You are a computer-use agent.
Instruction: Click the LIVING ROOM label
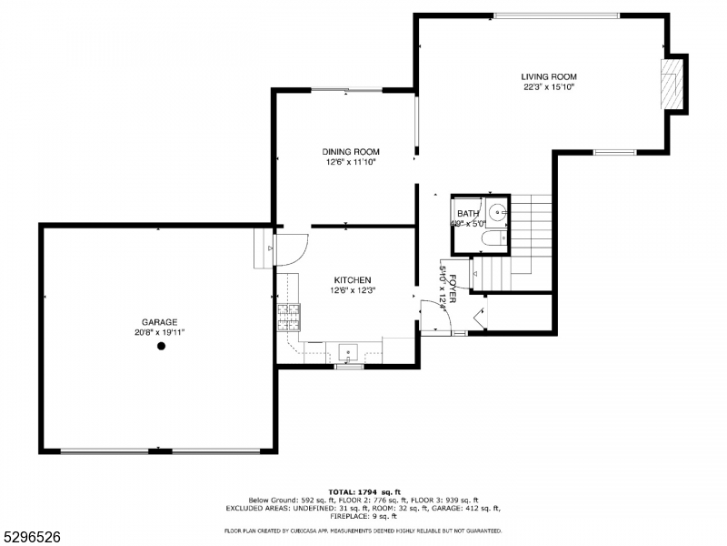(548, 76)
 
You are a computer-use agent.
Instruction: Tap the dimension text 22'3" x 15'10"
(548, 87)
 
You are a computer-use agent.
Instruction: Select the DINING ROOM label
(351, 152)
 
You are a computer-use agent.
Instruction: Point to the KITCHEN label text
(352, 280)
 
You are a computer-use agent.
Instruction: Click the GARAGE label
(159, 321)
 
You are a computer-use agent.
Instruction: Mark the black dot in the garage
(161, 346)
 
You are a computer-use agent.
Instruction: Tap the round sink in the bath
(495, 214)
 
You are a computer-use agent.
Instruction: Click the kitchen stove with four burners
(288, 318)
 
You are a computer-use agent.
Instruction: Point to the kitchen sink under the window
(349, 351)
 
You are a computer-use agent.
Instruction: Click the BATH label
(468, 213)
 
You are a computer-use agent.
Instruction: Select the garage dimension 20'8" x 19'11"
(159, 332)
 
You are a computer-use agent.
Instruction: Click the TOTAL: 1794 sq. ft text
(363, 491)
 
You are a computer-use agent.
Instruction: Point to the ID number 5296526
(32, 537)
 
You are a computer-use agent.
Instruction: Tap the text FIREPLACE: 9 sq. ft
(363, 517)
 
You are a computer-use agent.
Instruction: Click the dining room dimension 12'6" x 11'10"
(351, 163)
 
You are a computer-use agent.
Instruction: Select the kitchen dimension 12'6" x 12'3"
(352, 291)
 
